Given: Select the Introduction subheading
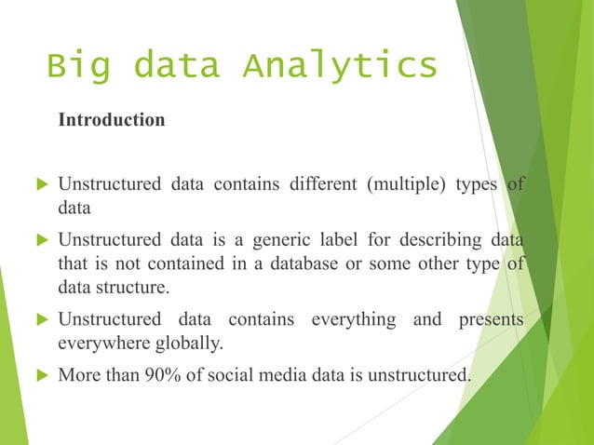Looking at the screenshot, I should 112,120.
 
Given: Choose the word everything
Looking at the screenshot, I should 352,319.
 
